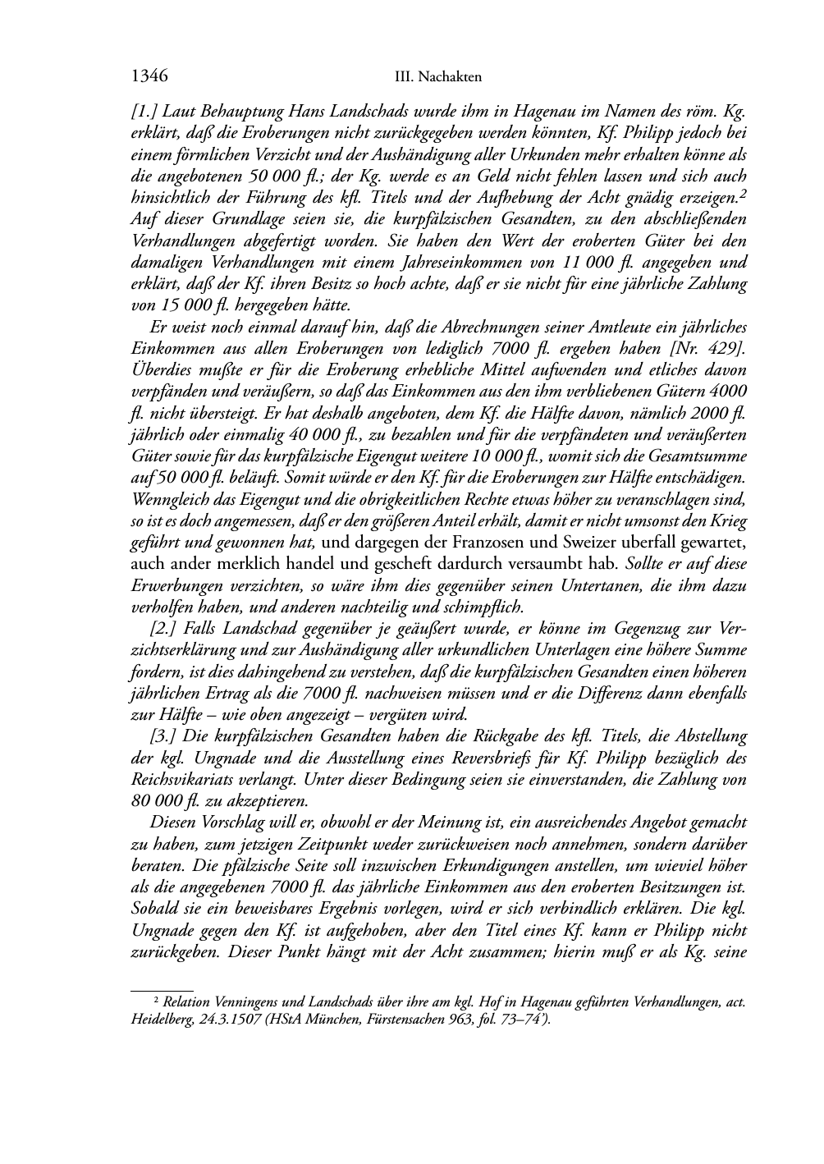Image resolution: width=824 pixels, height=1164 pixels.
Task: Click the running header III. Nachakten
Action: point(437,77)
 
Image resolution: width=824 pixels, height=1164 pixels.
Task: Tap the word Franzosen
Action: point(517,543)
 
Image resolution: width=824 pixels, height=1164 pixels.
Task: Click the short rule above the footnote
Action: point(162,991)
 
